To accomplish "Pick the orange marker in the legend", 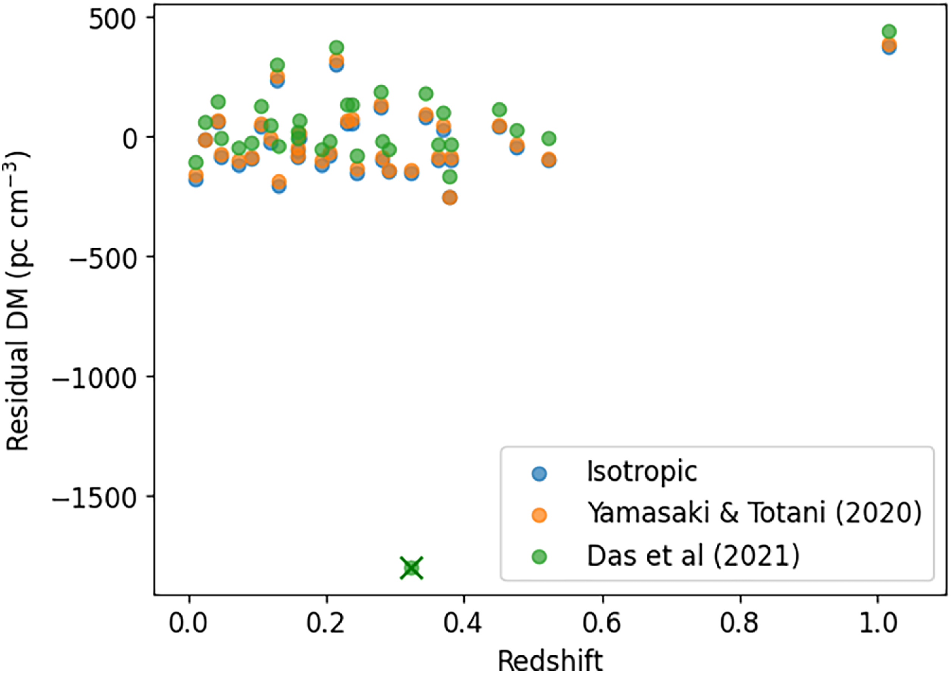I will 539,515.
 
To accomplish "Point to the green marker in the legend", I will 539,557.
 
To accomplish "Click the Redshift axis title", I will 550,661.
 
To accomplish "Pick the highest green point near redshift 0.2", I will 336,47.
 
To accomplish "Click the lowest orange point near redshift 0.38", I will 450,198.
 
